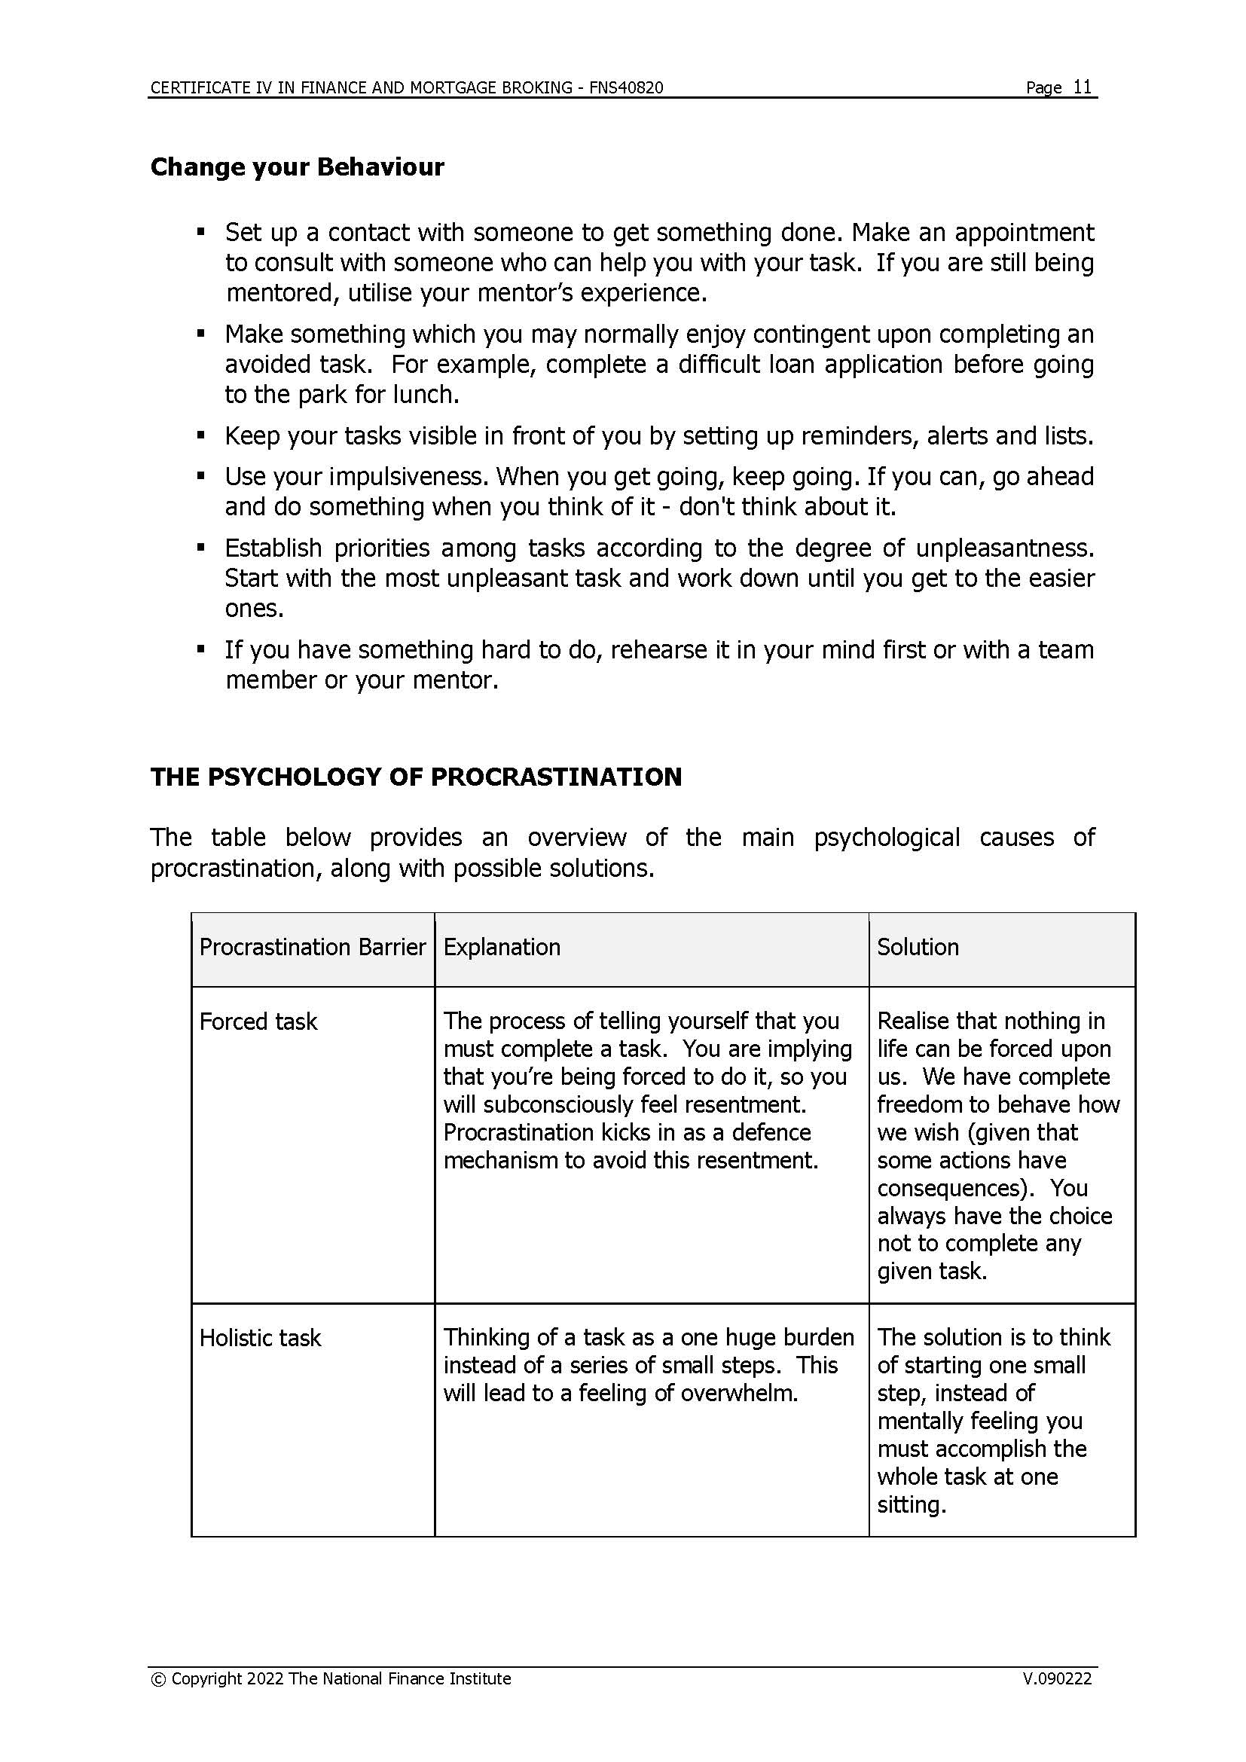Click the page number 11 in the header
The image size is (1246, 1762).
(1082, 87)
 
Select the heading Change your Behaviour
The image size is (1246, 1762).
(297, 167)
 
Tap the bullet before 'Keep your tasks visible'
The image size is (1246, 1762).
(201, 435)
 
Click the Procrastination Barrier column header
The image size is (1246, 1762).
(313, 947)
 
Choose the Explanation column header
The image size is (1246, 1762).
(502, 947)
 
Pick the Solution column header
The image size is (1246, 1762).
(918, 947)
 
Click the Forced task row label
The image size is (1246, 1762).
(258, 1021)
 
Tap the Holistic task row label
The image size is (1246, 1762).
(260, 1338)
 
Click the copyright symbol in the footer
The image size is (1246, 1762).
(158, 1679)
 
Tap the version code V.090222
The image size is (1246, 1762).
(1056, 1678)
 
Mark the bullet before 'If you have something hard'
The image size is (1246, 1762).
(201, 649)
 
